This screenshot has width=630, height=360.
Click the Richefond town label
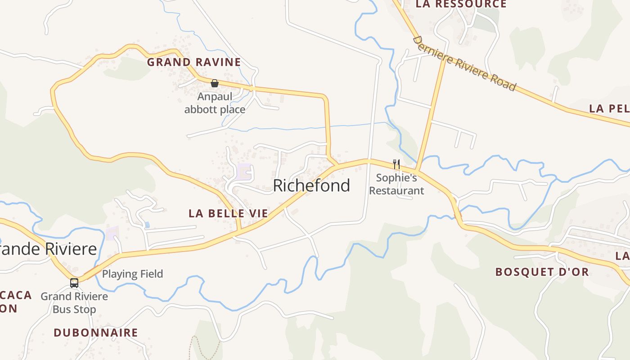[311, 185]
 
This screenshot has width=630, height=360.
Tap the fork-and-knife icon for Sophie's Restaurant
[396, 164]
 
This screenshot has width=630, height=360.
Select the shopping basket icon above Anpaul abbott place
[215, 83]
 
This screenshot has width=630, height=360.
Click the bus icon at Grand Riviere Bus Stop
[74, 283]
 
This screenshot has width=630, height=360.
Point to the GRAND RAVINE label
[194, 62]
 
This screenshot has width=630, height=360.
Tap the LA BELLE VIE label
[228, 213]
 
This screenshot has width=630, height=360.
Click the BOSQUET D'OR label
[542, 272]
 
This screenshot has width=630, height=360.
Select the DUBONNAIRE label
[96, 333]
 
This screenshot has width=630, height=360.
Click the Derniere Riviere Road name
[464, 63]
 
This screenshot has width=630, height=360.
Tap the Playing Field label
[132, 274]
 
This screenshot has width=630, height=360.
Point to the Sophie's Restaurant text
[396, 184]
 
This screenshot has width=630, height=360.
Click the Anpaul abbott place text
[215, 103]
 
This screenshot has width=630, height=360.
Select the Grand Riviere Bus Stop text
[74, 303]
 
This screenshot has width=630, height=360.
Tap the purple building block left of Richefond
[244, 171]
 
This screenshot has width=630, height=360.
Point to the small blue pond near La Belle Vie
[147, 224]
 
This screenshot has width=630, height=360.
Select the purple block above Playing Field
[112, 233]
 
